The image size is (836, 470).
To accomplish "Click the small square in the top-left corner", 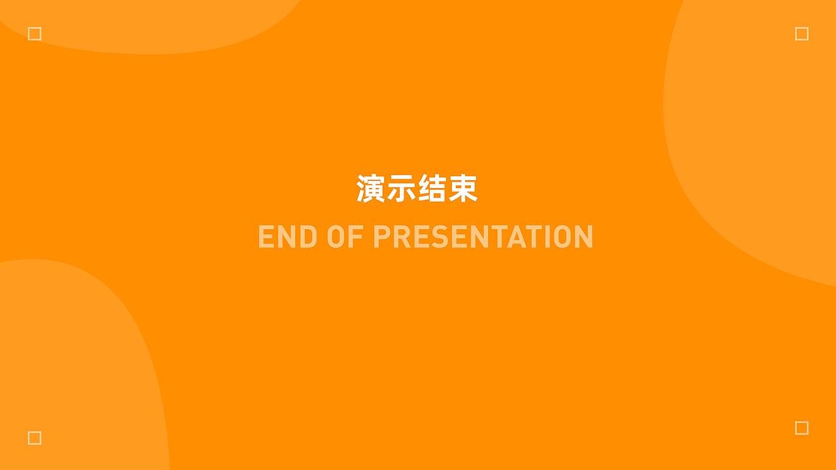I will pyautogui.click(x=35, y=34).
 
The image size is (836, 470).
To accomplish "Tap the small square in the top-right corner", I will pyautogui.click(x=801, y=34).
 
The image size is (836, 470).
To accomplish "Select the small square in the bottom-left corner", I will pyautogui.click(x=35, y=437).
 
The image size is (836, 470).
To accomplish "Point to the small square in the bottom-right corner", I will pyautogui.click(x=801, y=428).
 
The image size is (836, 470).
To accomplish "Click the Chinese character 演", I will pyautogui.click(x=371, y=189).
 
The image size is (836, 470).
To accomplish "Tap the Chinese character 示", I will pyautogui.click(x=402, y=189).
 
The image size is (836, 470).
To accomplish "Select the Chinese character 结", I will pyautogui.click(x=432, y=189).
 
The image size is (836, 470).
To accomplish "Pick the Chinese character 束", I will pyautogui.click(x=463, y=189).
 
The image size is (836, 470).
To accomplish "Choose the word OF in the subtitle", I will pyautogui.click(x=345, y=237).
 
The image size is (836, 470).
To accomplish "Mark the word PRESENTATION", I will pyautogui.click(x=483, y=237).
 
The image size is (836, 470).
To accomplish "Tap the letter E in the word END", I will pyautogui.click(x=266, y=237).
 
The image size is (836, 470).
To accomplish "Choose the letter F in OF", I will pyautogui.click(x=356, y=237).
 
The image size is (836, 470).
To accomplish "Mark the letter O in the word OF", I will pyautogui.click(x=336, y=237).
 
